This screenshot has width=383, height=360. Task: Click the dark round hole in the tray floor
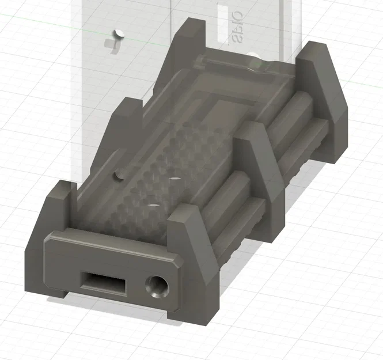tap(119, 173)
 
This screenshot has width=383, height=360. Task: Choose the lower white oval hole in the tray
tap(153, 204)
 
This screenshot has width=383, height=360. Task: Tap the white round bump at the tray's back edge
tap(254, 57)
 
